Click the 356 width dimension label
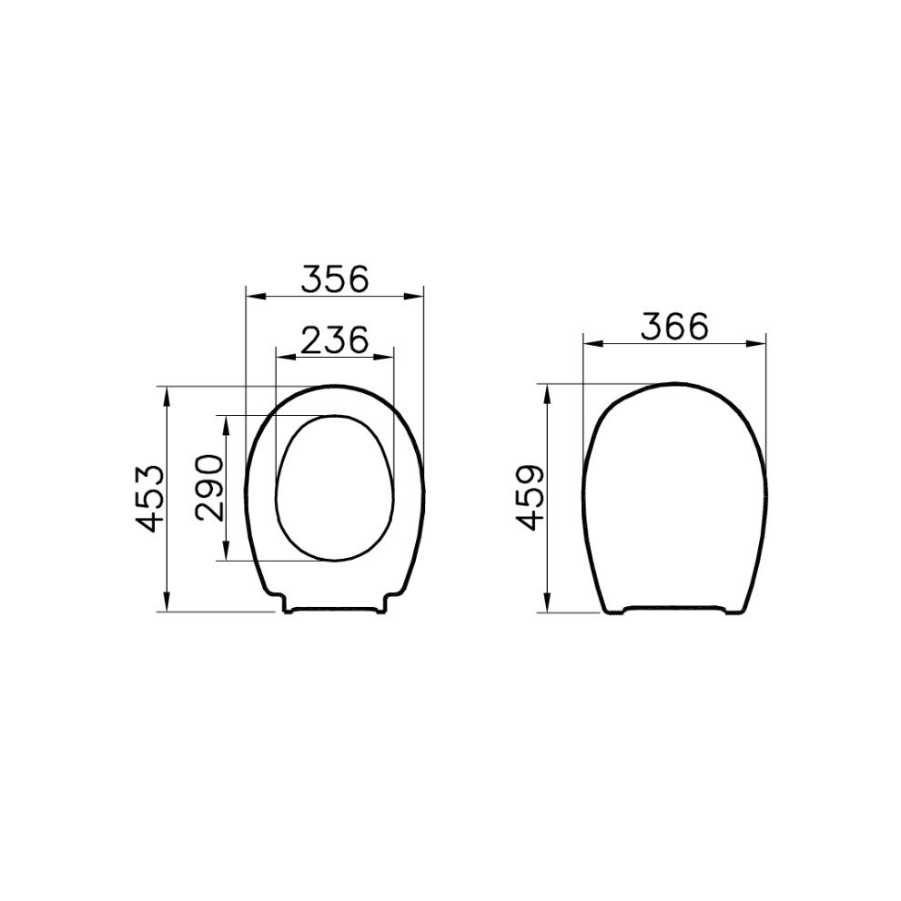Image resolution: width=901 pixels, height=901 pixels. (x=336, y=279)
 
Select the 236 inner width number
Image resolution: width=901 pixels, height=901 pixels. (x=334, y=339)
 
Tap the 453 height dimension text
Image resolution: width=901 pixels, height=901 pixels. (x=150, y=499)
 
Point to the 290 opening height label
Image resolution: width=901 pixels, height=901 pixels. (x=209, y=487)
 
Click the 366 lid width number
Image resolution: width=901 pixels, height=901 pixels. (x=675, y=327)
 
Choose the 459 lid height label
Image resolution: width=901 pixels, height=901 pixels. (x=530, y=498)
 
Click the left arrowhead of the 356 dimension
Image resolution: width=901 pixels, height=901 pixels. (x=256, y=297)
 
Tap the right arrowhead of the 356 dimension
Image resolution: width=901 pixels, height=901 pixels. (x=413, y=297)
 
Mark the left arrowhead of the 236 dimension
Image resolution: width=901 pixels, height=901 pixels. (x=286, y=357)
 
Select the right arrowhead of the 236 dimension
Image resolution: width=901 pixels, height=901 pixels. (x=384, y=357)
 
